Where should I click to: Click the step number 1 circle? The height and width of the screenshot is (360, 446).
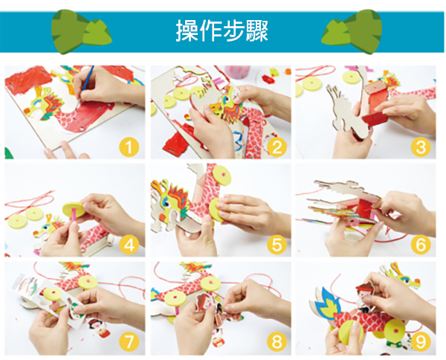point(129,147)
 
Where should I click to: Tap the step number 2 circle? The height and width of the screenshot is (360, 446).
point(277,147)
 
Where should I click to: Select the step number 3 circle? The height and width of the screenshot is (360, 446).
point(421,147)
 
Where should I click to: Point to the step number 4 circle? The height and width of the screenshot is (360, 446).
point(129,245)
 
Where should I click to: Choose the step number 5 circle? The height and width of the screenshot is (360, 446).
point(277,245)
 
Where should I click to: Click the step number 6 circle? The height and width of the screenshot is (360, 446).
point(421,245)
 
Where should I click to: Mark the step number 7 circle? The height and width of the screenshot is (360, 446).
point(129,342)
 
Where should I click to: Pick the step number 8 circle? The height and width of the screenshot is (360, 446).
point(277,342)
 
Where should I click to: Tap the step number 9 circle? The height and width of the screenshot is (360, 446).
point(421,342)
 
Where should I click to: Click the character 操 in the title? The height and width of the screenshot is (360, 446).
point(187,30)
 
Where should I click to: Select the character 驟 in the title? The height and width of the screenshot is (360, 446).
point(257,30)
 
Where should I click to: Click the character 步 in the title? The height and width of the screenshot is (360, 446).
point(233,30)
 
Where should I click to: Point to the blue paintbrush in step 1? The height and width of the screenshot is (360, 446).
point(86,83)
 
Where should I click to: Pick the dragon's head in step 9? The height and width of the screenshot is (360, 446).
point(401,275)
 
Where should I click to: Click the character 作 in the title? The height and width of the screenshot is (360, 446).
point(210,30)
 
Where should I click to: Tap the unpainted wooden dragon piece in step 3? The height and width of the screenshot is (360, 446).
point(346,112)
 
